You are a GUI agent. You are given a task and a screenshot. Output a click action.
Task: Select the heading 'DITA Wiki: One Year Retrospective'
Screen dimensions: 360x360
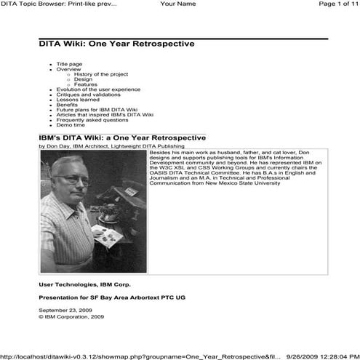pyautogui.click(x=116, y=44)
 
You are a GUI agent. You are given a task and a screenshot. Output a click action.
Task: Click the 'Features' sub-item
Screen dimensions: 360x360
pyautogui.click(x=85, y=84)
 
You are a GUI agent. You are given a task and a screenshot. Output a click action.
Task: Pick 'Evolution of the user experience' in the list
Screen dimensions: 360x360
pyautogui.click(x=97, y=89)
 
